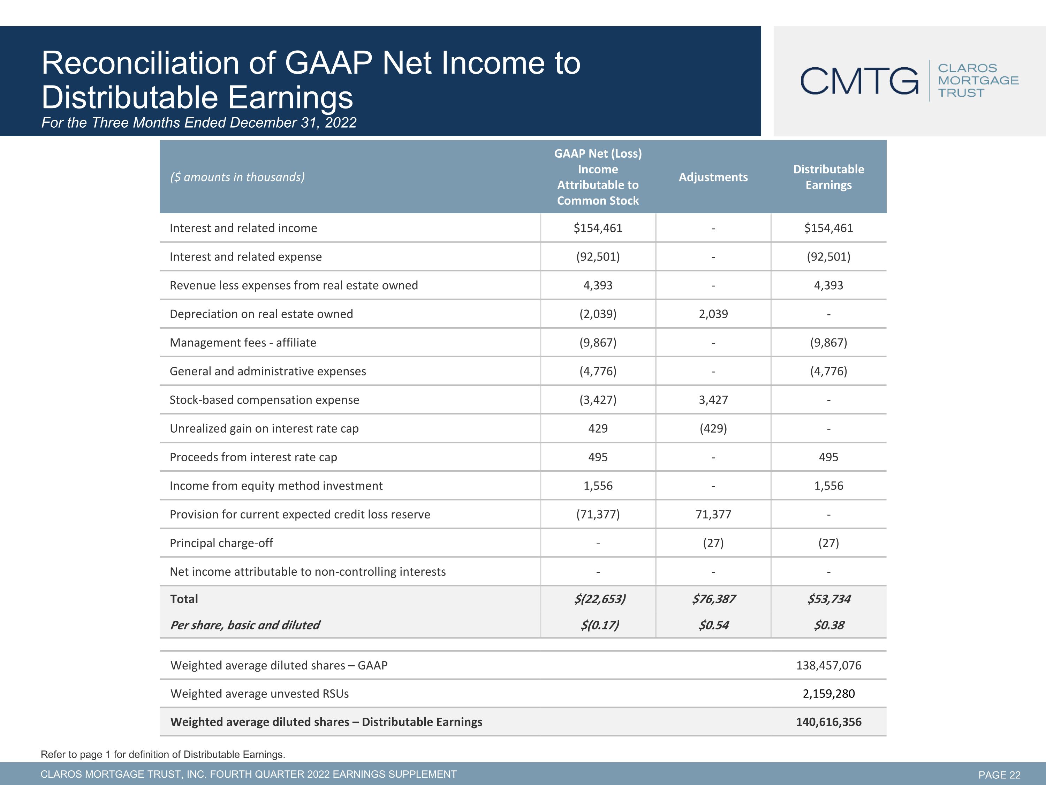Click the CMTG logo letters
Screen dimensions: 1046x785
pos(859,81)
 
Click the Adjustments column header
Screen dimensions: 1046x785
pos(713,177)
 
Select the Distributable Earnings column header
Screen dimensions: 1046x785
pos(828,177)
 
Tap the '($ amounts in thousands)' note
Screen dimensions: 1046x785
pos(237,177)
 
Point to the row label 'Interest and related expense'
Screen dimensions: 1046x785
pos(246,256)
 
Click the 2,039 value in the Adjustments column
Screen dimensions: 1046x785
pos(713,314)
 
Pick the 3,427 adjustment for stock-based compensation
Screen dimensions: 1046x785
pos(713,400)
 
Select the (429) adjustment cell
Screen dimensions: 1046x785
pos(713,428)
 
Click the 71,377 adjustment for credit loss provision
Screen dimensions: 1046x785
pos(713,514)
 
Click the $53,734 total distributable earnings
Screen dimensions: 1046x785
pos(829,599)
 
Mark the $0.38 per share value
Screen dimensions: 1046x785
pos(829,625)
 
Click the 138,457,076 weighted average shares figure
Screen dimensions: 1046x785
pos(828,665)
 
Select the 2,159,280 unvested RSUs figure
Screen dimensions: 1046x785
pos(828,694)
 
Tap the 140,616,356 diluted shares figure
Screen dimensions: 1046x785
pos(828,722)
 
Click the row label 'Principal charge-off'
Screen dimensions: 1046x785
pos(221,543)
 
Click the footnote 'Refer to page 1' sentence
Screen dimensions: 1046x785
pos(163,754)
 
